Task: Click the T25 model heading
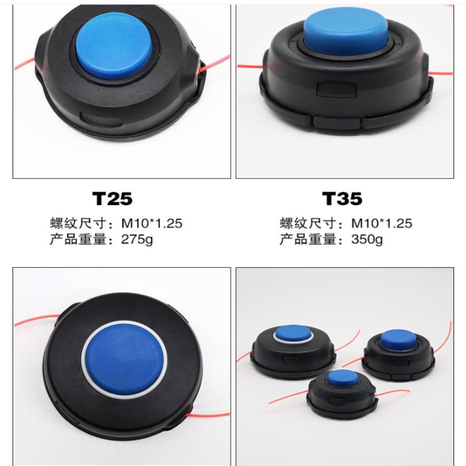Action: pyautogui.click(x=112, y=199)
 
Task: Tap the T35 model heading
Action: pyautogui.click(x=342, y=199)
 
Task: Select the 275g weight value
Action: pyautogui.click(x=137, y=239)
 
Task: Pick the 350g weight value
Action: pyautogui.click(x=367, y=239)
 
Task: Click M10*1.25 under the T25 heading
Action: pyautogui.click(x=152, y=223)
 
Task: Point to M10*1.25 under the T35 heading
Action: pyautogui.click(x=382, y=223)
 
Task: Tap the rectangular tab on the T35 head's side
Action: pyautogui.click(x=336, y=89)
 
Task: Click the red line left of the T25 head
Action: pyautogui.click(x=24, y=64)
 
